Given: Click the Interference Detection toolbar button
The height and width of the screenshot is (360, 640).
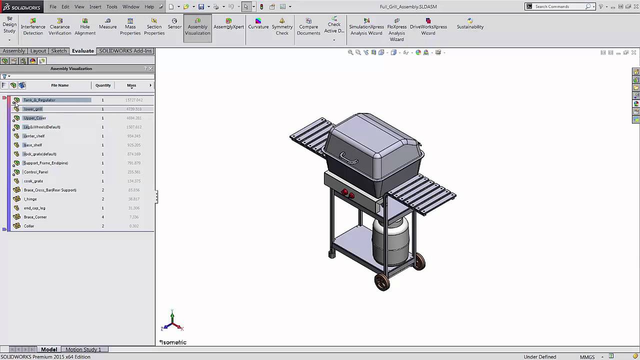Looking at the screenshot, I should tap(33, 27).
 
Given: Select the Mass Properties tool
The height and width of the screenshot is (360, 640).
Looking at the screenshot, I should tap(130, 27).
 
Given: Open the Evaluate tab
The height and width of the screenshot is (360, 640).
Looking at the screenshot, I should tap(82, 51).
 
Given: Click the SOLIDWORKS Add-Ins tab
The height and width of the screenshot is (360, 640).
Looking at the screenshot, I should tap(125, 51).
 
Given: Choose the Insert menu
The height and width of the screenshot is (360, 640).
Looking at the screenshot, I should tap(95, 7).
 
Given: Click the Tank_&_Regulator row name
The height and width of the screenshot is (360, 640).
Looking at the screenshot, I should tap(39, 100).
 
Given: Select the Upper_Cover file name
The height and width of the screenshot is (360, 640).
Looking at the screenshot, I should tap(35, 118).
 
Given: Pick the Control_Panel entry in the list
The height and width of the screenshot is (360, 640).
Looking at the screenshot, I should tap(36, 172).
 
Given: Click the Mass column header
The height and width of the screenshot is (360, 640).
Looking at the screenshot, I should tap(131, 85).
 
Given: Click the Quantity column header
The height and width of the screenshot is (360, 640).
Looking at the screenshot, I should tap(103, 85).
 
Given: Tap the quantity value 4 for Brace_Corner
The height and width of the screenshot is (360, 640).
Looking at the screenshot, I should tap(103, 217).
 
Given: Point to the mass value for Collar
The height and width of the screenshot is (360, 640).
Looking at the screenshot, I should tap(134, 226).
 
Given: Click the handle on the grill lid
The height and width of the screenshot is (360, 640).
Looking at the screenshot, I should tap(349, 159).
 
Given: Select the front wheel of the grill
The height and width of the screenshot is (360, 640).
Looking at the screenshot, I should tap(382, 281).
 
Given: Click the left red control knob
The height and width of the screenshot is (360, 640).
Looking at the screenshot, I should tap(344, 192).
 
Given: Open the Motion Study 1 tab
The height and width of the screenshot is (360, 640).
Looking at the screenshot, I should tap(83, 349).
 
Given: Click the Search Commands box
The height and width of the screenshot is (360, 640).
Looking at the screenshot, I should tap(558, 6).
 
